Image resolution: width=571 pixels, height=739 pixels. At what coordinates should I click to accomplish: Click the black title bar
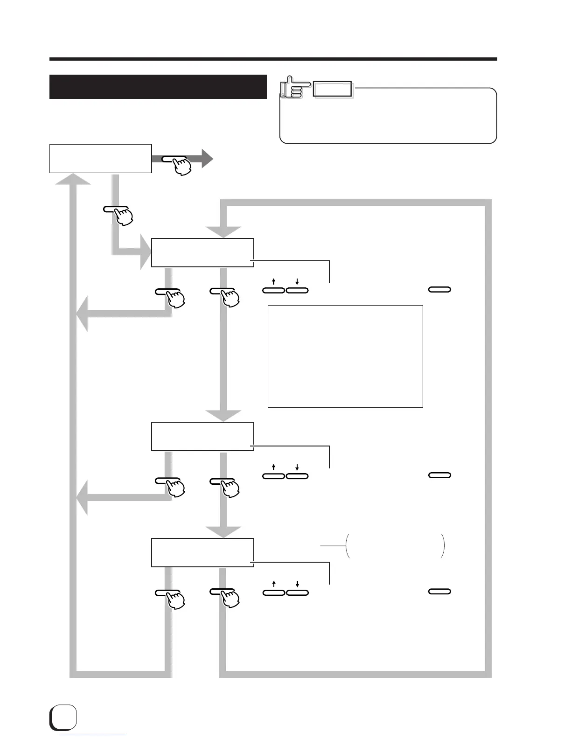(x=158, y=87)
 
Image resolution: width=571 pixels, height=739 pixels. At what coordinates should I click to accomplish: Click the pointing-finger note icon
(x=294, y=88)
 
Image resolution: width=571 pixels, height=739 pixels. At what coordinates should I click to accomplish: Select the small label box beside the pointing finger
(x=332, y=89)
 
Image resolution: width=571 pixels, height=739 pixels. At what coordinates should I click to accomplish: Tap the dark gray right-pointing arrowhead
(x=207, y=159)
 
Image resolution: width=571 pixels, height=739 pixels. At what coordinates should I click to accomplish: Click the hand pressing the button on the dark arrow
(x=181, y=166)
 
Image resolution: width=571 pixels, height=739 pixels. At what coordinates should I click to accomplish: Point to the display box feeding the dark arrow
(x=100, y=159)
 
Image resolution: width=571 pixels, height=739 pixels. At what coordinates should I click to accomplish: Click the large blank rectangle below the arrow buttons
(x=345, y=356)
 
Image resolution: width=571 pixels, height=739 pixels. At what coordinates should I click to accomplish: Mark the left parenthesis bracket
(x=347, y=546)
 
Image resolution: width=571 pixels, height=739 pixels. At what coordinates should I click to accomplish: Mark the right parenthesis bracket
(x=443, y=546)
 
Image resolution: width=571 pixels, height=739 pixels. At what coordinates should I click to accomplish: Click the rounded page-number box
(x=63, y=717)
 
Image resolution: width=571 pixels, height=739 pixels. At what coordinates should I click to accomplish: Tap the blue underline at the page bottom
(x=93, y=735)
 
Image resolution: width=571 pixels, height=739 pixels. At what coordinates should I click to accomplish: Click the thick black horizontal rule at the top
(x=273, y=59)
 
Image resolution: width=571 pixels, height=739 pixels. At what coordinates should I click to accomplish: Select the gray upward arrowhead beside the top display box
(x=73, y=179)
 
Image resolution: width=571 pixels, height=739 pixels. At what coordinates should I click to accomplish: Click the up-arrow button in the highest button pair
(x=273, y=290)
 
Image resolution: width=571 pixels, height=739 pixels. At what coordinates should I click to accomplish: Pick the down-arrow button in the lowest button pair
(x=297, y=593)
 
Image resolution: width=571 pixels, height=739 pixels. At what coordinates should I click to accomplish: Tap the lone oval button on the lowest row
(x=439, y=592)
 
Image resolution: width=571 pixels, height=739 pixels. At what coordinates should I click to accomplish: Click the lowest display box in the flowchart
(x=202, y=552)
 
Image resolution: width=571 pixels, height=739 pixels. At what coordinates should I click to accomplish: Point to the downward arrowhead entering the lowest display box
(x=223, y=531)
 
